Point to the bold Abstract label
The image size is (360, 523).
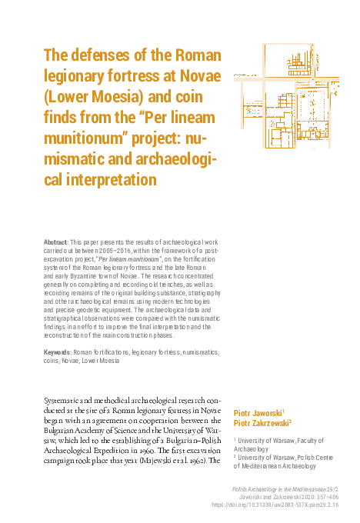pos(56,242)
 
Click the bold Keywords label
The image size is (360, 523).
pos(59,352)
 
